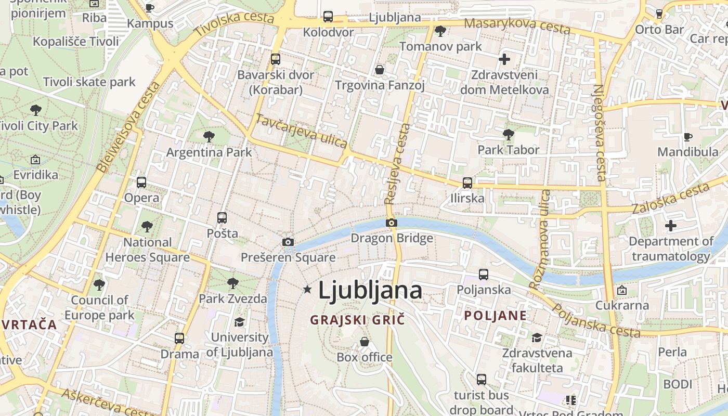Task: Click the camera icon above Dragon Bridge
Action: (392, 223)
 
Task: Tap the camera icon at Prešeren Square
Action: (288, 242)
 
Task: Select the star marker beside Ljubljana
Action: (307, 289)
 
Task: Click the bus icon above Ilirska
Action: (467, 183)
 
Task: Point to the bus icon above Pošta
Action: (222, 217)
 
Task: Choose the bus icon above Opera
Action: (141, 182)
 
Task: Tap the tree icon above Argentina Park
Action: (209, 137)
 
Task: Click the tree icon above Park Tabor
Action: (509, 135)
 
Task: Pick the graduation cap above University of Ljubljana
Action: (239, 322)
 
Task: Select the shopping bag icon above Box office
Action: (365, 342)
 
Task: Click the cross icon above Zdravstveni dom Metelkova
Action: (504, 59)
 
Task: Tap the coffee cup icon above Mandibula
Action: (688, 137)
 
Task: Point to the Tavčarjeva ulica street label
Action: (301, 131)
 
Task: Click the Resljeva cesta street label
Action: (398, 164)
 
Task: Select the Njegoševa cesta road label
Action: (600, 133)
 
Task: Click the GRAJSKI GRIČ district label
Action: (357, 320)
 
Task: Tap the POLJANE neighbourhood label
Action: (496, 316)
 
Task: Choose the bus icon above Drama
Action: (179, 338)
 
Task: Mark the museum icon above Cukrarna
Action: (621, 290)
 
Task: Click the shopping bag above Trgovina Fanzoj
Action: (380, 70)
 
